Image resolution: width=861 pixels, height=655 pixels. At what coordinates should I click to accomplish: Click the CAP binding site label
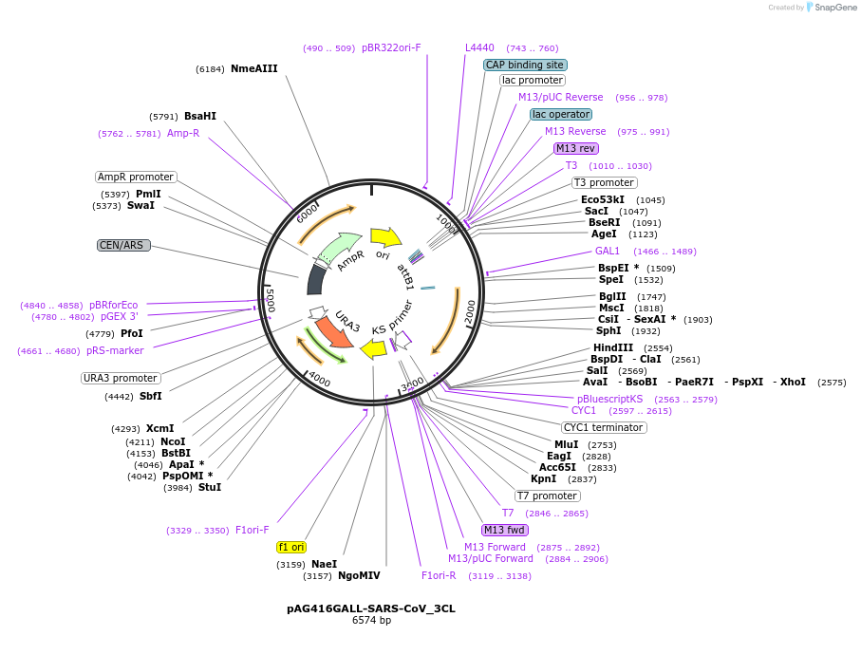[x=525, y=65]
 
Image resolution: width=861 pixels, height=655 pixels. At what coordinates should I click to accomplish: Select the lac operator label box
[x=560, y=115]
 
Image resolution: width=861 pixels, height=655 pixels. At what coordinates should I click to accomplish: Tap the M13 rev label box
[x=576, y=148]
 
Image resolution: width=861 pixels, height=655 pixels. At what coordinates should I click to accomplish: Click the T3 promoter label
[x=604, y=182]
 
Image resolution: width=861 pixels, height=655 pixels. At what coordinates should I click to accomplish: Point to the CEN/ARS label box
[x=123, y=245]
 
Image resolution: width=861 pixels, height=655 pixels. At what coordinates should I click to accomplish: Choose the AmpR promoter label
[x=136, y=177]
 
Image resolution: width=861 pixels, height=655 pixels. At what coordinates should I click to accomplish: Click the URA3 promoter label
[x=121, y=378]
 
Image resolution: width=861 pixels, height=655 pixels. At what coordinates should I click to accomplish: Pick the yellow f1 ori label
[x=291, y=547]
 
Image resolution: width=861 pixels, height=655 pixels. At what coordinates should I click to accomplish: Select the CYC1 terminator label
[x=604, y=427]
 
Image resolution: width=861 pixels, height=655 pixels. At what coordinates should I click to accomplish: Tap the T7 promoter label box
[x=548, y=496]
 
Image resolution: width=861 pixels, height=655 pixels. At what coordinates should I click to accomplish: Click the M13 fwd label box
[x=504, y=530]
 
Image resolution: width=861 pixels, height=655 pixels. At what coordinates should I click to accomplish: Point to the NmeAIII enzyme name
[x=253, y=68]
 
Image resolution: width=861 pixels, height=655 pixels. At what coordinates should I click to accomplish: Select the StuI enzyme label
[x=210, y=487]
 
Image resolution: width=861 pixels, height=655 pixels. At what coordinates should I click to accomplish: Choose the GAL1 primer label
[x=608, y=251]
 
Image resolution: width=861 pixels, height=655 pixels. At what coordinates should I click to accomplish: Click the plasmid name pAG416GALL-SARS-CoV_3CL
[x=371, y=608]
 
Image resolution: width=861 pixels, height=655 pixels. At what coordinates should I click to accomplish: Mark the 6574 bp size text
[x=371, y=621]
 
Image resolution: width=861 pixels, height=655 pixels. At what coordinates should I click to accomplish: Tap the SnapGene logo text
[x=828, y=8]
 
